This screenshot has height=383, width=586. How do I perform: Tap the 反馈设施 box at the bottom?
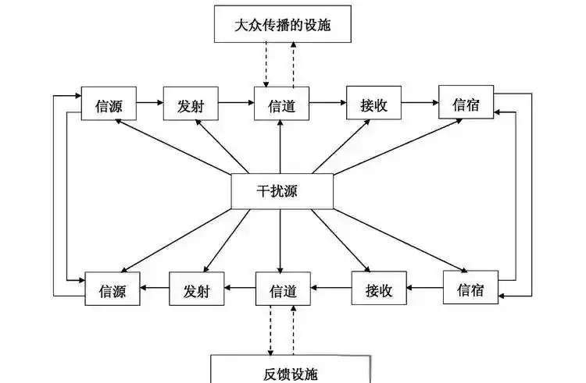click(291, 370)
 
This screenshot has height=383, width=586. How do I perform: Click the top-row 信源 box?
click(109, 105)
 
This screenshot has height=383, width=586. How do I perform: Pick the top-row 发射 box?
click(191, 105)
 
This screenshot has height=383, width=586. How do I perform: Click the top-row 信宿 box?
click(466, 104)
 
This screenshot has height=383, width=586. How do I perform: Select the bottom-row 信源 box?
click(113, 292)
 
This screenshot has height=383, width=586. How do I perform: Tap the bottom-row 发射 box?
click(197, 291)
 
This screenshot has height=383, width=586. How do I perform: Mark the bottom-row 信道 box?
click(283, 290)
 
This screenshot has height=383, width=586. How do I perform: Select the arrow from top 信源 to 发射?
click(150, 104)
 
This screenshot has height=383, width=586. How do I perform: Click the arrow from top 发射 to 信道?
click(236, 104)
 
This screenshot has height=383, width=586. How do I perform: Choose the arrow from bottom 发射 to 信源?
click(155, 290)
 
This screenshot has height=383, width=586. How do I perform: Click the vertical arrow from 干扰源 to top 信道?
click(280, 148)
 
